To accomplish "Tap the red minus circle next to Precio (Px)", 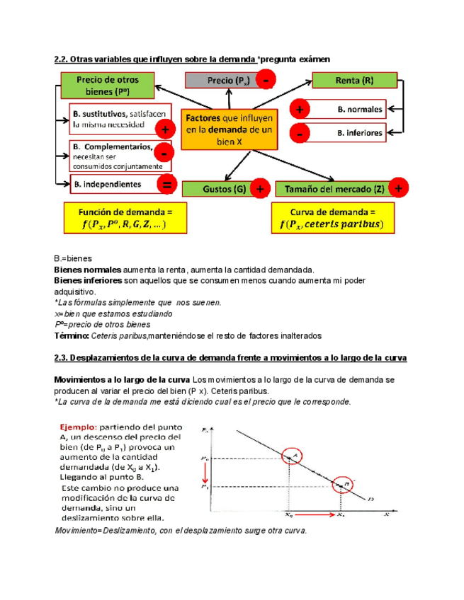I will pos(264,81).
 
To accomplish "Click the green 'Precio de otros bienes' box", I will pos(108,86).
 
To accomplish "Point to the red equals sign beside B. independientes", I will pos(167,186).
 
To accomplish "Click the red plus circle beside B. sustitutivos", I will pos(165,130).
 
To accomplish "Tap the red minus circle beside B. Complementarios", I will pos(164,152).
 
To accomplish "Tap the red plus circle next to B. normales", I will pos(300,110).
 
